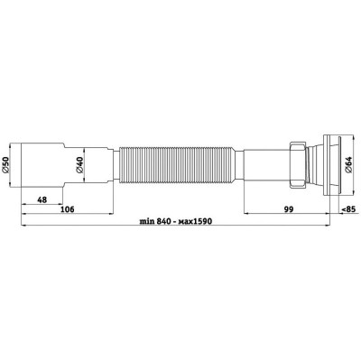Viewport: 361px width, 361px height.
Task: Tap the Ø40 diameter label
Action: click(79, 165)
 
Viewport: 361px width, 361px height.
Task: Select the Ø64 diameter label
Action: click(348, 165)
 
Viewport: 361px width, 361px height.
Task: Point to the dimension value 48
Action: click(42, 199)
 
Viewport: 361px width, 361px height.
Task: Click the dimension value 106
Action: click(68, 209)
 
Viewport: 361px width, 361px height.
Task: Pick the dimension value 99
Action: click(288, 209)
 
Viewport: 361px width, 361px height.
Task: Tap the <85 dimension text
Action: click(349, 209)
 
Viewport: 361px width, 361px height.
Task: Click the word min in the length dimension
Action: click(146, 221)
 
